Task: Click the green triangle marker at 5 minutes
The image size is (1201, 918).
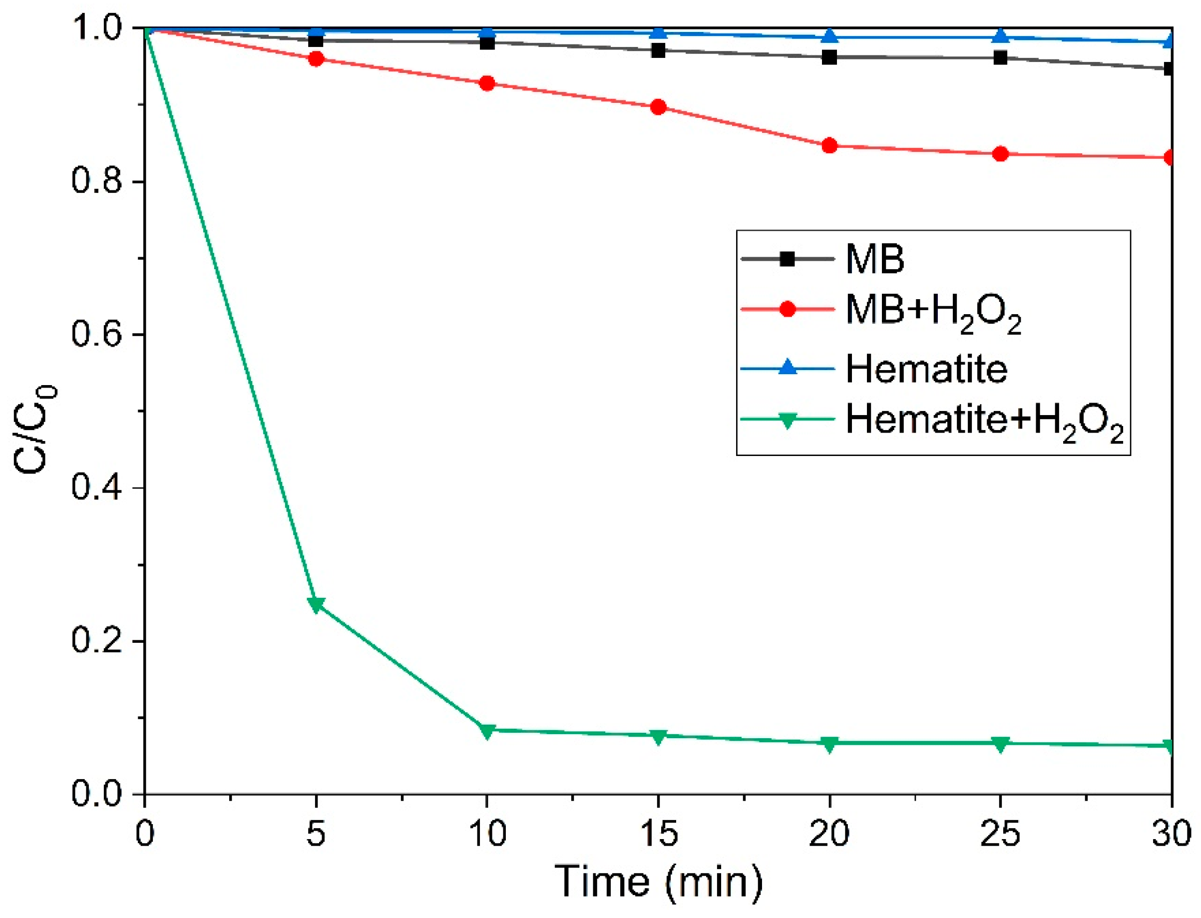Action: (316, 604)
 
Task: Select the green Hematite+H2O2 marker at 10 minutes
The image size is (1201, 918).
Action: (487, 731)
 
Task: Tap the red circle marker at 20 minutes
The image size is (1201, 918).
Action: (829, 146)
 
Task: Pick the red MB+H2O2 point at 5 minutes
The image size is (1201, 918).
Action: (316, 58)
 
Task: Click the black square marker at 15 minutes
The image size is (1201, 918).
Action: (658, 51)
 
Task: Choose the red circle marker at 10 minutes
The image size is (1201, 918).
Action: (487, 83)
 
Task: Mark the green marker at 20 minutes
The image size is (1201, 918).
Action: (829, 744)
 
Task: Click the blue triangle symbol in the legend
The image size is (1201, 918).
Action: (788, 367)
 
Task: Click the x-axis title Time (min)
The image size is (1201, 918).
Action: (658, 882)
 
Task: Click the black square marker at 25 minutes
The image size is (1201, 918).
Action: (1000, 57)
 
